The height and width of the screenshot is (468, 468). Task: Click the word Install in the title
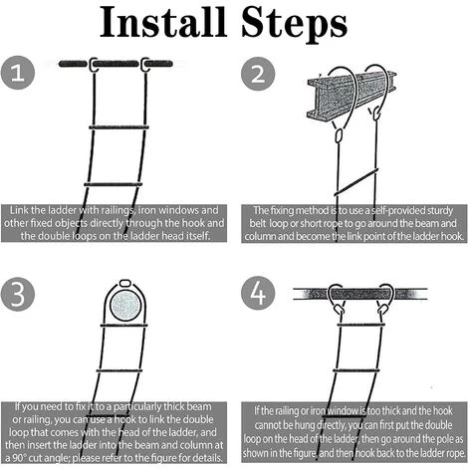point(163,22)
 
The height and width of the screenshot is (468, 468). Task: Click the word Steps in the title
point(295,24)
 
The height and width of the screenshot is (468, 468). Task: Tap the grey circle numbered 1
point(18,73)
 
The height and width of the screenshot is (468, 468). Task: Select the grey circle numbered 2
point(258,74)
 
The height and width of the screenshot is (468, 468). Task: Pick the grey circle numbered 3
point(18,294)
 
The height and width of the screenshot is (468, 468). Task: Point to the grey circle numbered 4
point(258,294)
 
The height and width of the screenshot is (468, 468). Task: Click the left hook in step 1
point(94,64)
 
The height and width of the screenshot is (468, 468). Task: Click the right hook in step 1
point(145,64)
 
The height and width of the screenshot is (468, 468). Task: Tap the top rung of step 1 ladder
point(118,126)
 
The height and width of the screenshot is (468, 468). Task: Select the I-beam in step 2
point(351,95)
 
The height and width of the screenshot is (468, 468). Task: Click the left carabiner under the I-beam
point(339,135)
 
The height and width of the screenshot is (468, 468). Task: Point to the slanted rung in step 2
point(356,182)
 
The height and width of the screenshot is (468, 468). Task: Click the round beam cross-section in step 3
point(125,306)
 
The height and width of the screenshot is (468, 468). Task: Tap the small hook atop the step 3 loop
point(124,283)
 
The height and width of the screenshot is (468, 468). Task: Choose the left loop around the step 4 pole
point(336,298)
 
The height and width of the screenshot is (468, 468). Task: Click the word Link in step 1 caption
point(19,210)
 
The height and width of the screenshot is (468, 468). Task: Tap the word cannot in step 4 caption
point(270,425)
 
